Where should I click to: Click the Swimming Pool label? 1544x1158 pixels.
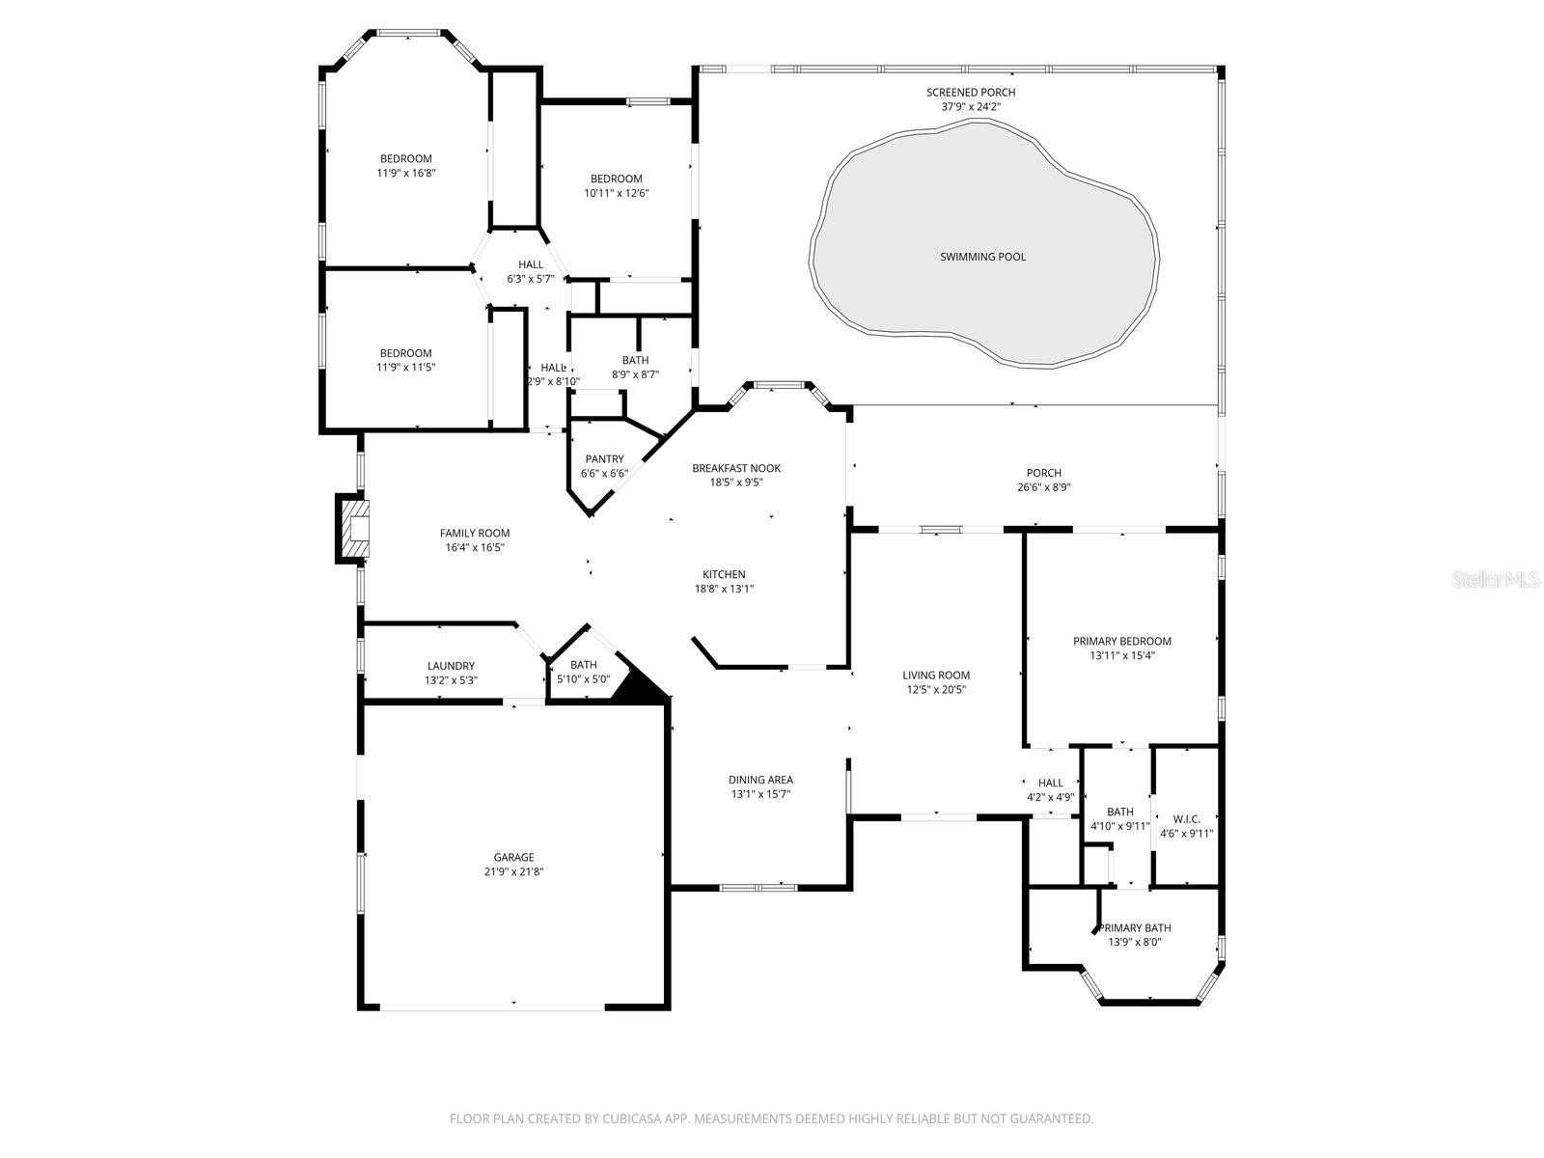pos(982,257)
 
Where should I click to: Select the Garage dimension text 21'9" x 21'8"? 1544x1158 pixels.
pos(513,871)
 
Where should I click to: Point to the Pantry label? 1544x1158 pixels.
pos(604,459)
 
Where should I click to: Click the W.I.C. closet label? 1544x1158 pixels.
pos(1186,819)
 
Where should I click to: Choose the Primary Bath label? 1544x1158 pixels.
pos(1137,928)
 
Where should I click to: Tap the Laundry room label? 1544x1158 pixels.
pos(451,666)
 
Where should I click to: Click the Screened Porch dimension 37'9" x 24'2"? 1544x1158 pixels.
pos(971,106)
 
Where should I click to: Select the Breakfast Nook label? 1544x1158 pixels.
pos(735,468)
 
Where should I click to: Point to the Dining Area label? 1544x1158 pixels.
pos(760,780)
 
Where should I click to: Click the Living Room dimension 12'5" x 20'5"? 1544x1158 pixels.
pos(936,689)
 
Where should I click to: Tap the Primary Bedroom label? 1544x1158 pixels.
pos(1121,641)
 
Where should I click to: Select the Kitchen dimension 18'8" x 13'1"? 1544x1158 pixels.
pos(724,589)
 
